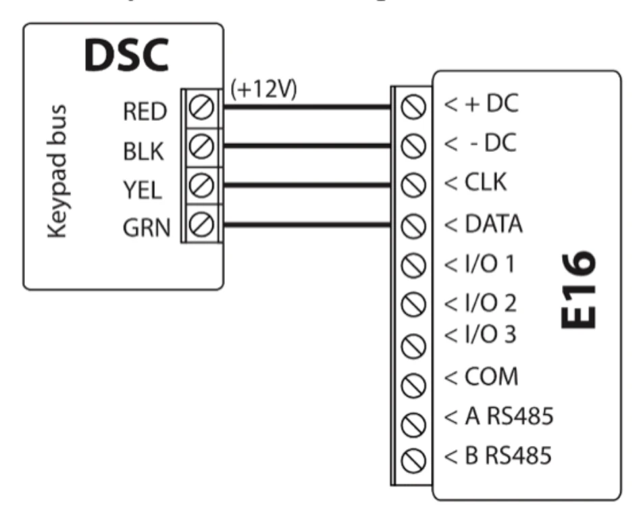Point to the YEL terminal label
[143, 191]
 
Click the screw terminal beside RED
[202, 107]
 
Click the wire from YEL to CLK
[304, 184]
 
